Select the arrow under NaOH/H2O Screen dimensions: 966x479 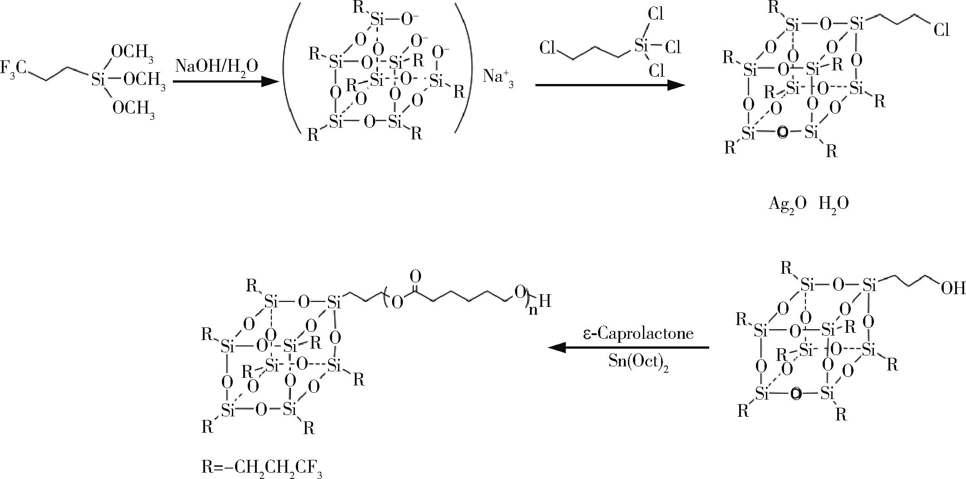pos(225,82)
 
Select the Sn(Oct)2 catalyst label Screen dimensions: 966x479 pos(638,362)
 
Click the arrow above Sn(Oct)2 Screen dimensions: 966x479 pos(628,348)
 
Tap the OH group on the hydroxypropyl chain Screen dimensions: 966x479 pos(953,288)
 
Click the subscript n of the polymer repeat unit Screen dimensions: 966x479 pos(533,310)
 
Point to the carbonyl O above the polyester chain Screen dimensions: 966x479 pos(415,276)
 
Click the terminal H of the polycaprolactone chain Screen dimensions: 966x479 pos(545,301)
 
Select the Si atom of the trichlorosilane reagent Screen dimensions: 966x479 pos(642,45)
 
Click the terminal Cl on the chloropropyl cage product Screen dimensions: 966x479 pos(941,30)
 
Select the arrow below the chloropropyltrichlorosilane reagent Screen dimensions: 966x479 pos(610,85)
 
